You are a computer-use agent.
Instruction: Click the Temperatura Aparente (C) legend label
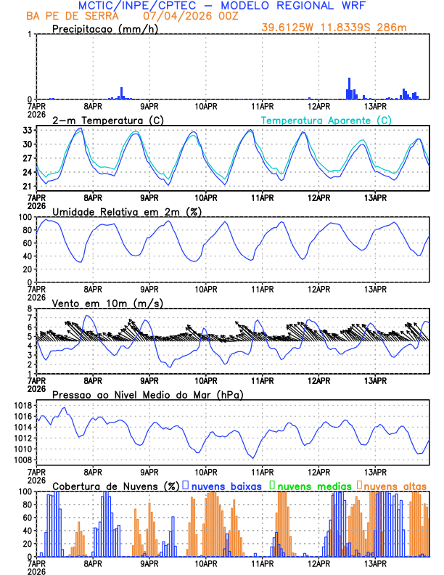click(x=326, y=120)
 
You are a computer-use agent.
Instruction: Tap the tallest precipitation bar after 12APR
click(x=349, y=88)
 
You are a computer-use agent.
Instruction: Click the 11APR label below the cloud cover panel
click(x=263, y=563)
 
